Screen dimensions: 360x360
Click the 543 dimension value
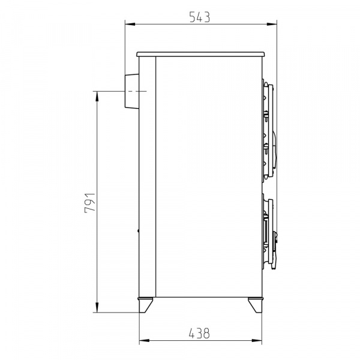[200, 17]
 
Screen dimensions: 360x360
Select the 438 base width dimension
[199, 334]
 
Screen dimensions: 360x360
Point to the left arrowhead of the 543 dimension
[130, 24]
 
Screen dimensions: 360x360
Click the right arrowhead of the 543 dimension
[272, 24]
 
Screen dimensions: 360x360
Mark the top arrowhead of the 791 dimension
[97, 97]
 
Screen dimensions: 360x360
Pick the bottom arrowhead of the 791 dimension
[97, 307]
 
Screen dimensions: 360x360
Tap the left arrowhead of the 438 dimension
[145, 340]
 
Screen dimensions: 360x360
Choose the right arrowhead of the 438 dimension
[257, 340]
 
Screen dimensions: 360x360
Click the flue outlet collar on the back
[132, 91]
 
